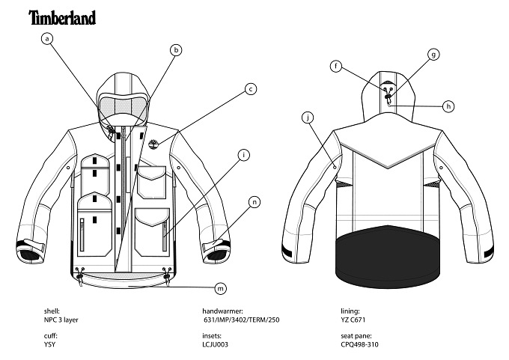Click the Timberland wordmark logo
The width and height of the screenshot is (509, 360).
pos(62,17)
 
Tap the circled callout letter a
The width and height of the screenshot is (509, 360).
pos(47,39)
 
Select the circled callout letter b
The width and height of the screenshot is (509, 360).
pos(176,50)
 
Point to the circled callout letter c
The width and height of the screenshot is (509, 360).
pos(251,89)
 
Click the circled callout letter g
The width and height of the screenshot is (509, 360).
pos(433,54)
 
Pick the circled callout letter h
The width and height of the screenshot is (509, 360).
pos(448,106)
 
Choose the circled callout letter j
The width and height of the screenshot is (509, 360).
pos(308,118)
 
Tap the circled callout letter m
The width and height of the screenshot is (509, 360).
pos(221,289)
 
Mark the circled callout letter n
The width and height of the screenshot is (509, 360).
pos(254,202)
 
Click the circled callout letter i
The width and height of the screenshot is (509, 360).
pos(244,155)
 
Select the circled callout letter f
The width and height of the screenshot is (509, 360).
pos(336,67)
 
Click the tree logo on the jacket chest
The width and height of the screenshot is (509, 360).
pos(153,144)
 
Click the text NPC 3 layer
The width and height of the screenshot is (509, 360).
pos(61,320)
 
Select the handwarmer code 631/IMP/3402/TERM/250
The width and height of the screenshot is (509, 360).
pos(241,320)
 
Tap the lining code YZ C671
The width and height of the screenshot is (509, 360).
pos(353,320)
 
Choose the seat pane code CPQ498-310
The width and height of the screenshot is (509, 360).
pos(360,344)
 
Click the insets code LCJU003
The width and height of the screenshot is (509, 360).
pos(215,344)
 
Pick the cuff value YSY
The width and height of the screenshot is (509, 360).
pos(49,344)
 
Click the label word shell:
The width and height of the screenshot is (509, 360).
pos(52,311)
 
